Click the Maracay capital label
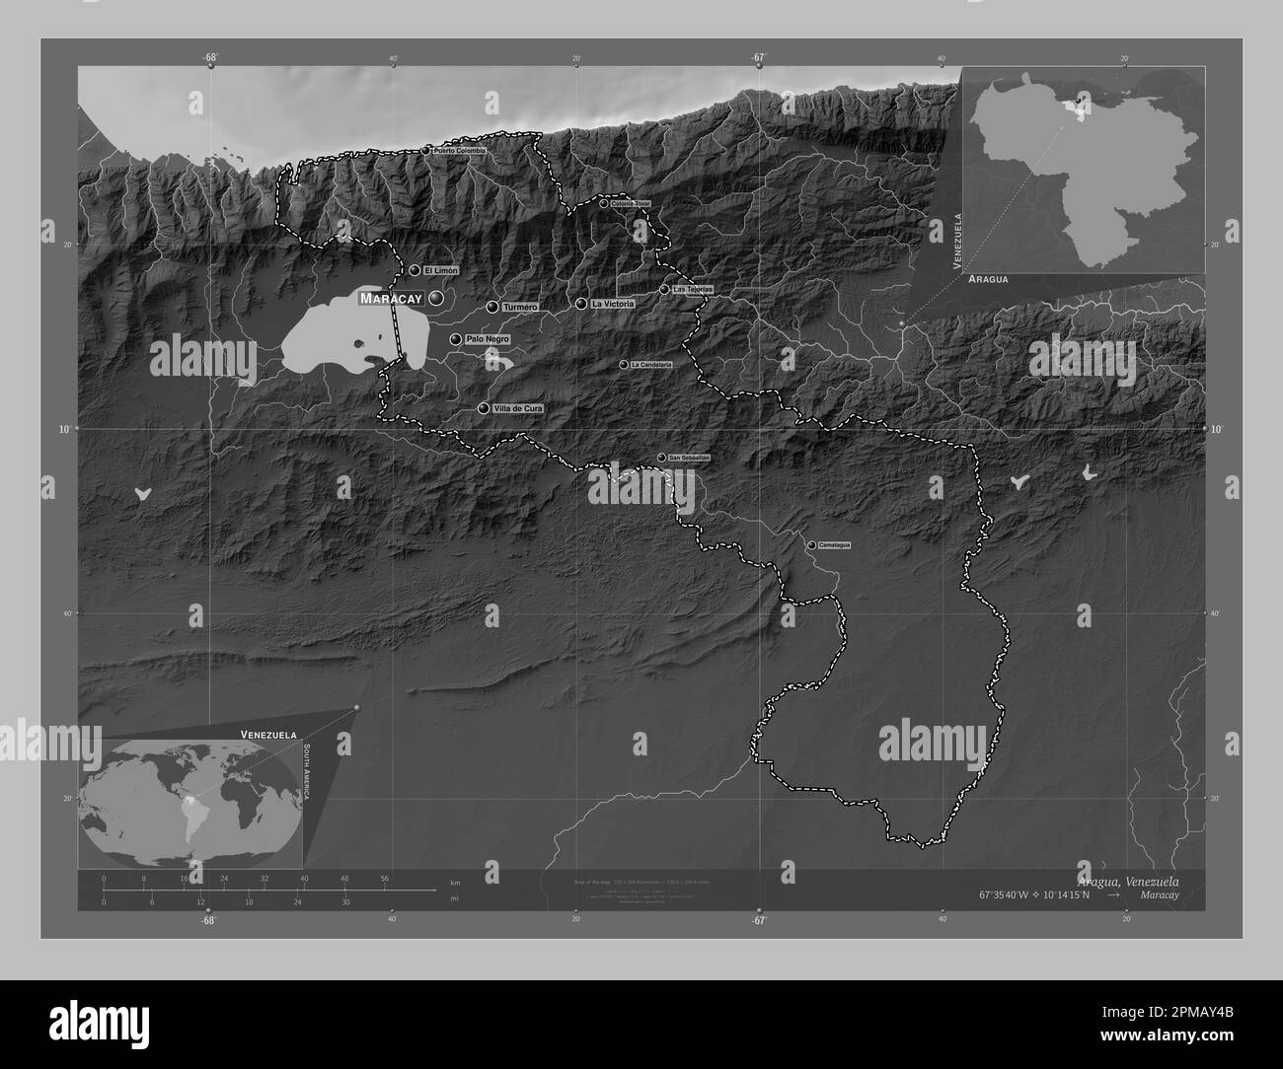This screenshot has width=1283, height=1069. pyautogui.click(x=391, y=298)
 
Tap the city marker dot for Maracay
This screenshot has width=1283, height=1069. pyautogui.click(x=435, y=297)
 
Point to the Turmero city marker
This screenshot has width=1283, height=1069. pyautogui.click(x=492, y=307)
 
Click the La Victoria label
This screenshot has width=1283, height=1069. pyautogui.click(x=612, y=305)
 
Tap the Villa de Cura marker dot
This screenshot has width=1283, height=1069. pyautogui.click(x=484, y=408)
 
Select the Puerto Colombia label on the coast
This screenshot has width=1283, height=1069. pyautogui.click(x=460, y=151)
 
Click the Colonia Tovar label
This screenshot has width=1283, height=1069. pyautogui.click(x=632, y=204)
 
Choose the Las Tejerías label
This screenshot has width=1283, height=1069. pyautogui.click(x=692, y=290)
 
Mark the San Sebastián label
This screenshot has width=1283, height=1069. pyautogui.click(x=689, y=458)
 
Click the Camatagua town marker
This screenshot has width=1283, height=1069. pyautogui.click(x=811, y=545)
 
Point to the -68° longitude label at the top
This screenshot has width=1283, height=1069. pyautogui.click(x=210, y=58)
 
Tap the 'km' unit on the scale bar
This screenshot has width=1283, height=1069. pyautogui.click(x=455, y=881)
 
